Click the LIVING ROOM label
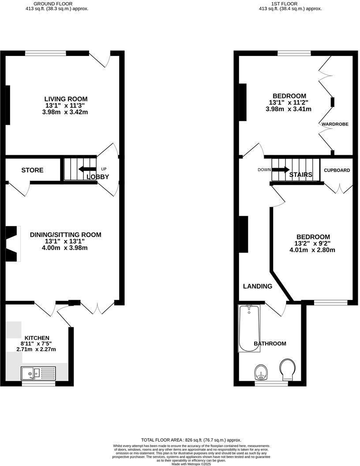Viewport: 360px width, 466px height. (x=65, y=99)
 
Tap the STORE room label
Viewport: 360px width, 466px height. (x=33, y=170)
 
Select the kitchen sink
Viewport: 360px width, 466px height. (x=38, y=373)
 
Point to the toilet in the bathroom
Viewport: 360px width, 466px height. (x=289, y=369)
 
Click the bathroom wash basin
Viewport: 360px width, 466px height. (x=262, y=372)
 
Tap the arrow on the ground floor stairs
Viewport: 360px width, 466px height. (x=87, y=169)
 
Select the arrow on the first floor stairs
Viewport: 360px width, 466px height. (x=281, y=169)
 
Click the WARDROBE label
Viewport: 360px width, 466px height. (x=335, y=124)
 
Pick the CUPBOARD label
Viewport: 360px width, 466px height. (x=337, y=170)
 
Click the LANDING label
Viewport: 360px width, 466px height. (x=258, y=286)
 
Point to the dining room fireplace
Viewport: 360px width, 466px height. (x=12, y=243)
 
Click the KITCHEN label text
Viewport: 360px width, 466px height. (x=37, y=338)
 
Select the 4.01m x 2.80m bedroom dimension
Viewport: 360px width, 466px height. (x=312, y=250)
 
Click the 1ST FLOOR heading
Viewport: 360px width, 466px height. (x=290, y=3)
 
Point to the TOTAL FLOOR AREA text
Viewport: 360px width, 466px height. (x=191, y=440)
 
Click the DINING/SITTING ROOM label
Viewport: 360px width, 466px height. (x=65, y=235)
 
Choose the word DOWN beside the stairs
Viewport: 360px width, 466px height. (x=265, y=170)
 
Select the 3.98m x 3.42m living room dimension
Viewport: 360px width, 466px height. (x=65, y=112)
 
